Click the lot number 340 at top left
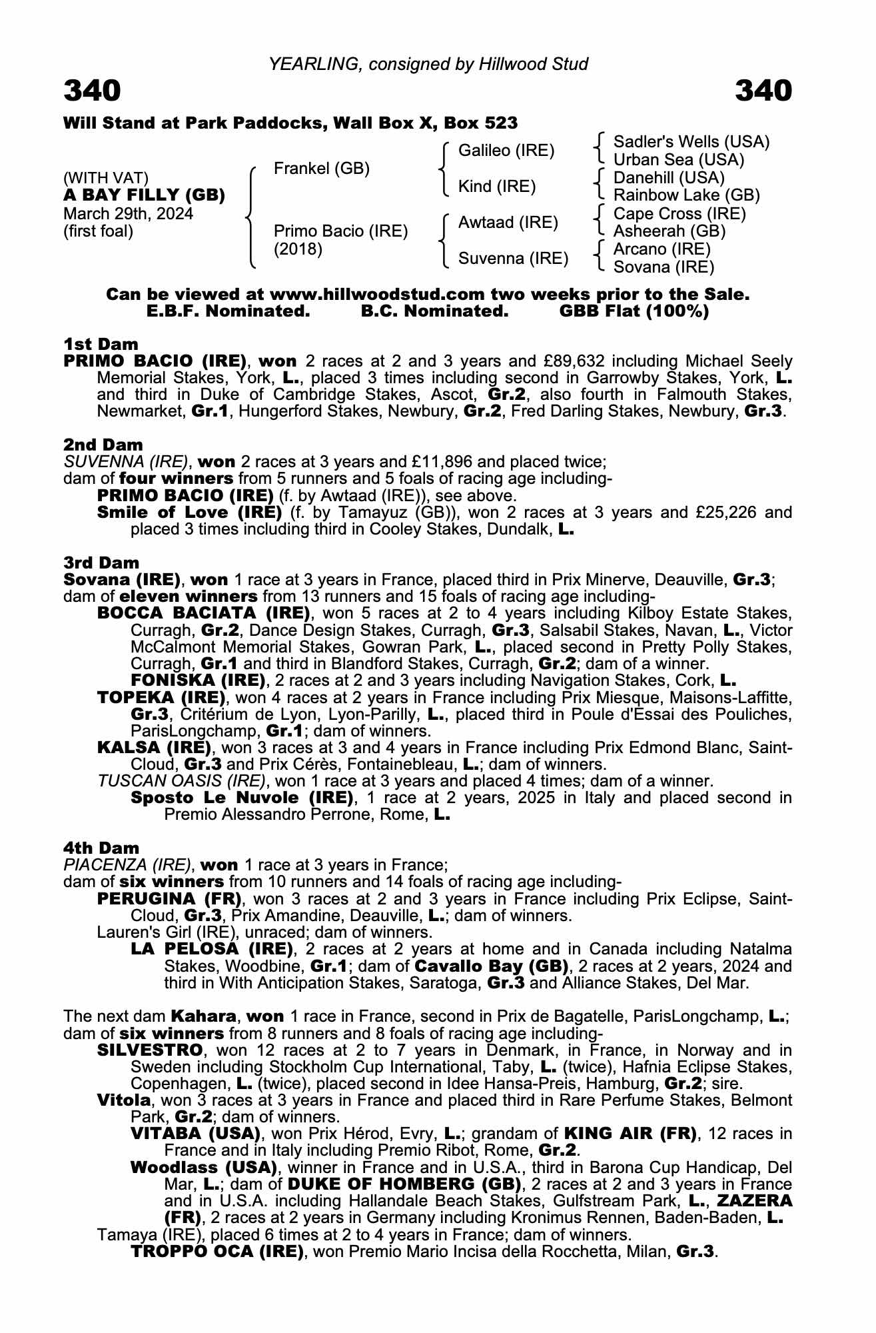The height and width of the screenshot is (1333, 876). click(93, 91)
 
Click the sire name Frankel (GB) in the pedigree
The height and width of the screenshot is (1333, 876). click(321, 169)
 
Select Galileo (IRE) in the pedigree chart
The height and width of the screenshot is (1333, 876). click(506, 151)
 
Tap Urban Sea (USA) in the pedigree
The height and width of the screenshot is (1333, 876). click(678, 160)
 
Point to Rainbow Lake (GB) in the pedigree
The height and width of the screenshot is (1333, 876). click(686, 195)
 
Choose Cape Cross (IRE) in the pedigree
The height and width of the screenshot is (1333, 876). click(679, 214)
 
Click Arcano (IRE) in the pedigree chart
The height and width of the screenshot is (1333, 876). click(661, 249)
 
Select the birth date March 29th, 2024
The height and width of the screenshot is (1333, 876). click(128, 214)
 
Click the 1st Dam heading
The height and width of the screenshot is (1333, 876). click(101, 344)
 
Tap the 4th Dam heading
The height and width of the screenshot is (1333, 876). click(101, 848)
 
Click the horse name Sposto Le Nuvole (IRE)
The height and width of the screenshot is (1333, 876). click(242, 797)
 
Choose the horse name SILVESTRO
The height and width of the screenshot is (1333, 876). click(149, 1050)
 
